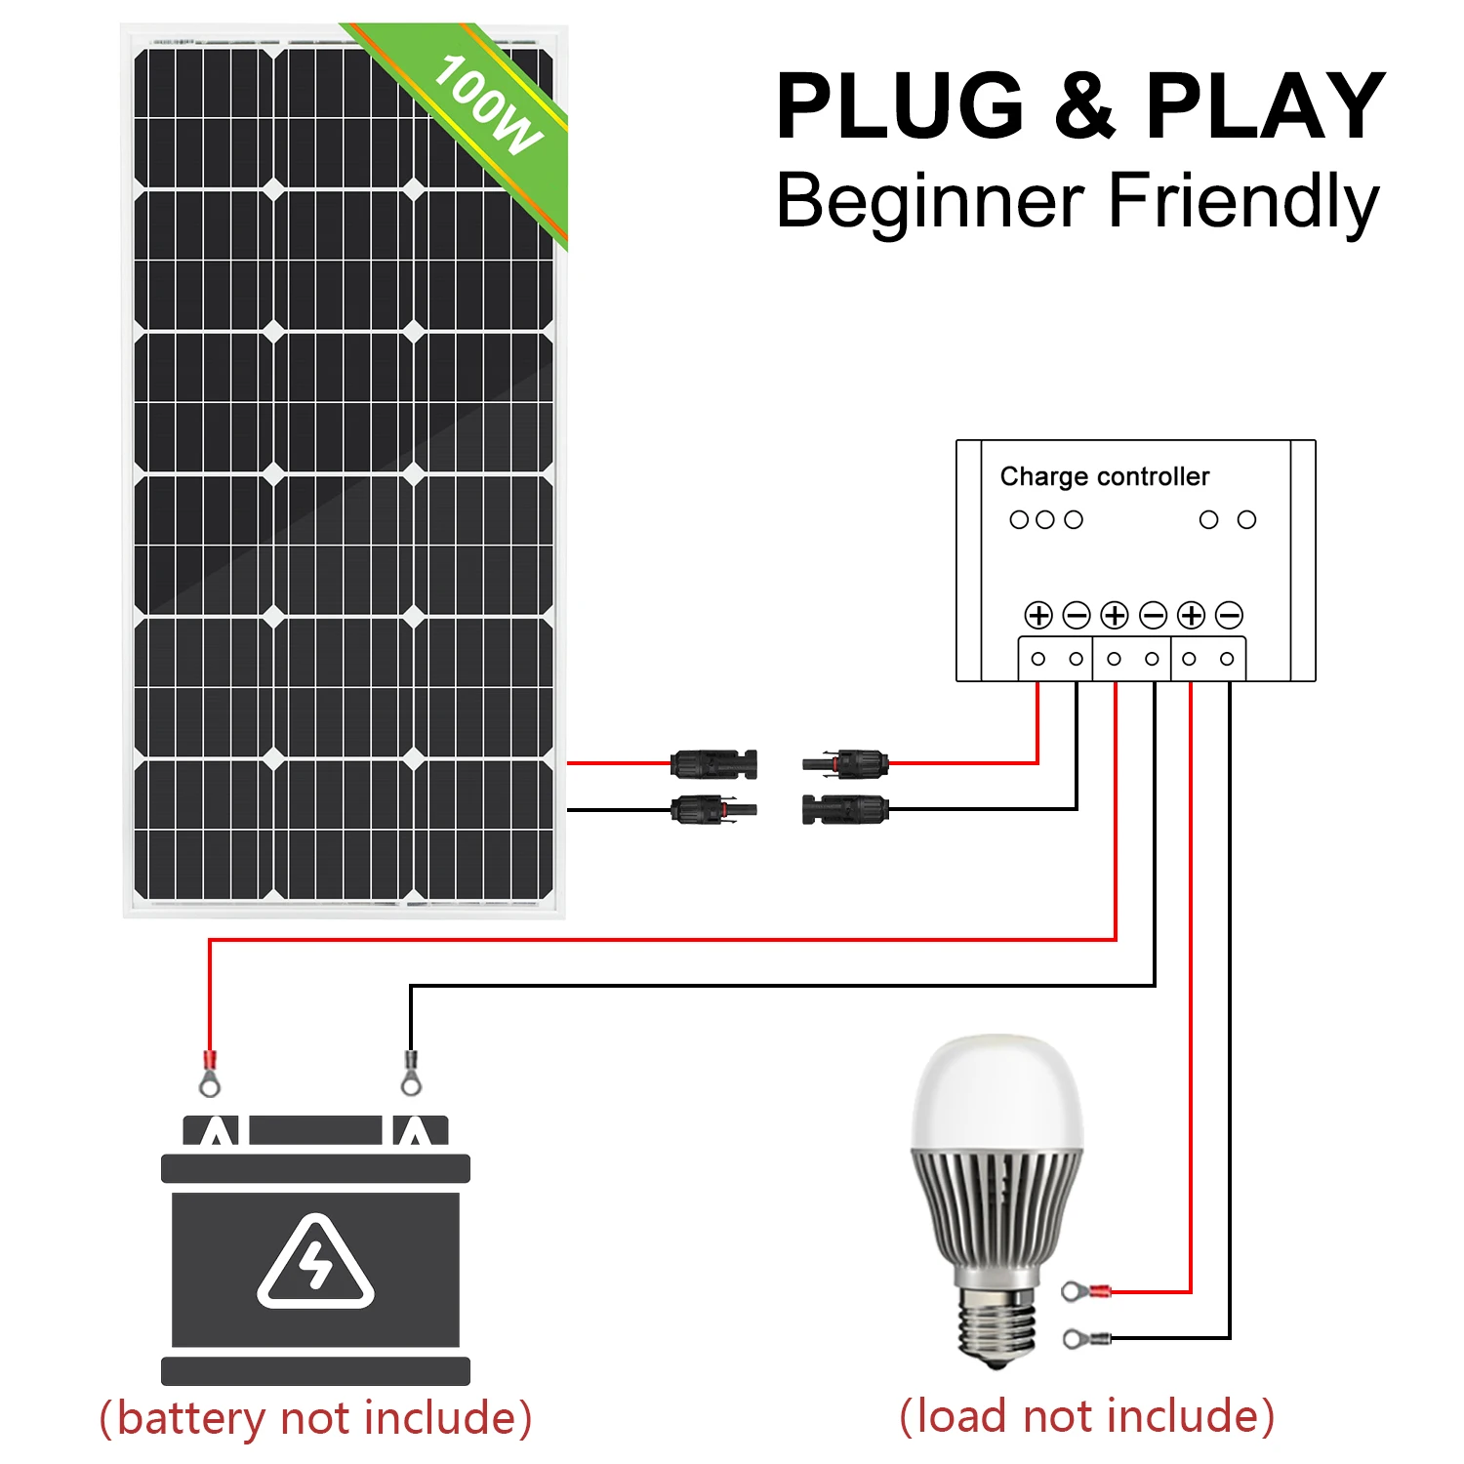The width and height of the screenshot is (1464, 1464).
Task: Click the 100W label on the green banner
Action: click(x=487, y=105)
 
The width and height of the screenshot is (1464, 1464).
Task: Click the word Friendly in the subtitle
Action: click(x=1243, y=201)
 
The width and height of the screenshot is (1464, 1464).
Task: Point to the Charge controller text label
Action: click(x=1104, y=476)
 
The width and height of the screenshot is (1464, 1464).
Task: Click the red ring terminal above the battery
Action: click(x=209, y=1074)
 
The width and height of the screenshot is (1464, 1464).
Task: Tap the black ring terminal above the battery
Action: click(x=411, y=1074)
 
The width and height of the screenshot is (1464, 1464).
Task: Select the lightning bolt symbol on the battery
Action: click(x=315, y=1266)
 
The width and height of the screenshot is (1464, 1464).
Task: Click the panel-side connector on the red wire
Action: click(x=713, y=763)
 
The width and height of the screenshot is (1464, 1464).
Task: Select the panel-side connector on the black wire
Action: click(x=713, y=809)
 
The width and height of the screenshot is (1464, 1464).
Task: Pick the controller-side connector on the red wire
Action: click(x=845, y=763)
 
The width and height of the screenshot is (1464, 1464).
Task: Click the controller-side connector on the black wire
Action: click(x=845, y=809)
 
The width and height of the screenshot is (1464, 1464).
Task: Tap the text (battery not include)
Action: click(x=315, y=1417)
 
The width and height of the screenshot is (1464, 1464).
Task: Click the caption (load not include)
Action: click(x=1086, y=1415)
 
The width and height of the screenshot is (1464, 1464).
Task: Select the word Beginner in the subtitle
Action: click(x=929, y=201)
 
